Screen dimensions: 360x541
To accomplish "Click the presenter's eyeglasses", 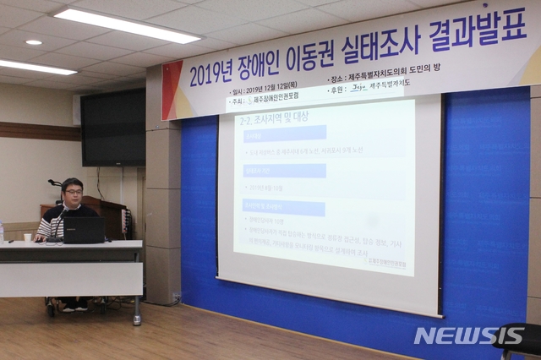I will (74, 192).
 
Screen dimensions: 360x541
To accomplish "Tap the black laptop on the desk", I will (84, 230).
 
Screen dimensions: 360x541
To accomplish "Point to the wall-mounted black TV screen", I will (113, 128).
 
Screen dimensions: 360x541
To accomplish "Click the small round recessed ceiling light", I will (34, 42).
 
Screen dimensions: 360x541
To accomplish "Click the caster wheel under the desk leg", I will (137, 320).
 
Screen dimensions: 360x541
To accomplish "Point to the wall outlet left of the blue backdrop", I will (176, 297).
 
